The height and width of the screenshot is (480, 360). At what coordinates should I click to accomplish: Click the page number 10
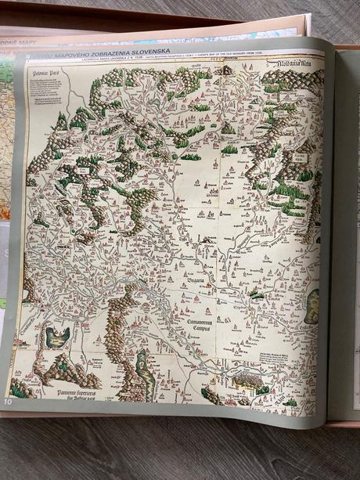click(x=9, y=402)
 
